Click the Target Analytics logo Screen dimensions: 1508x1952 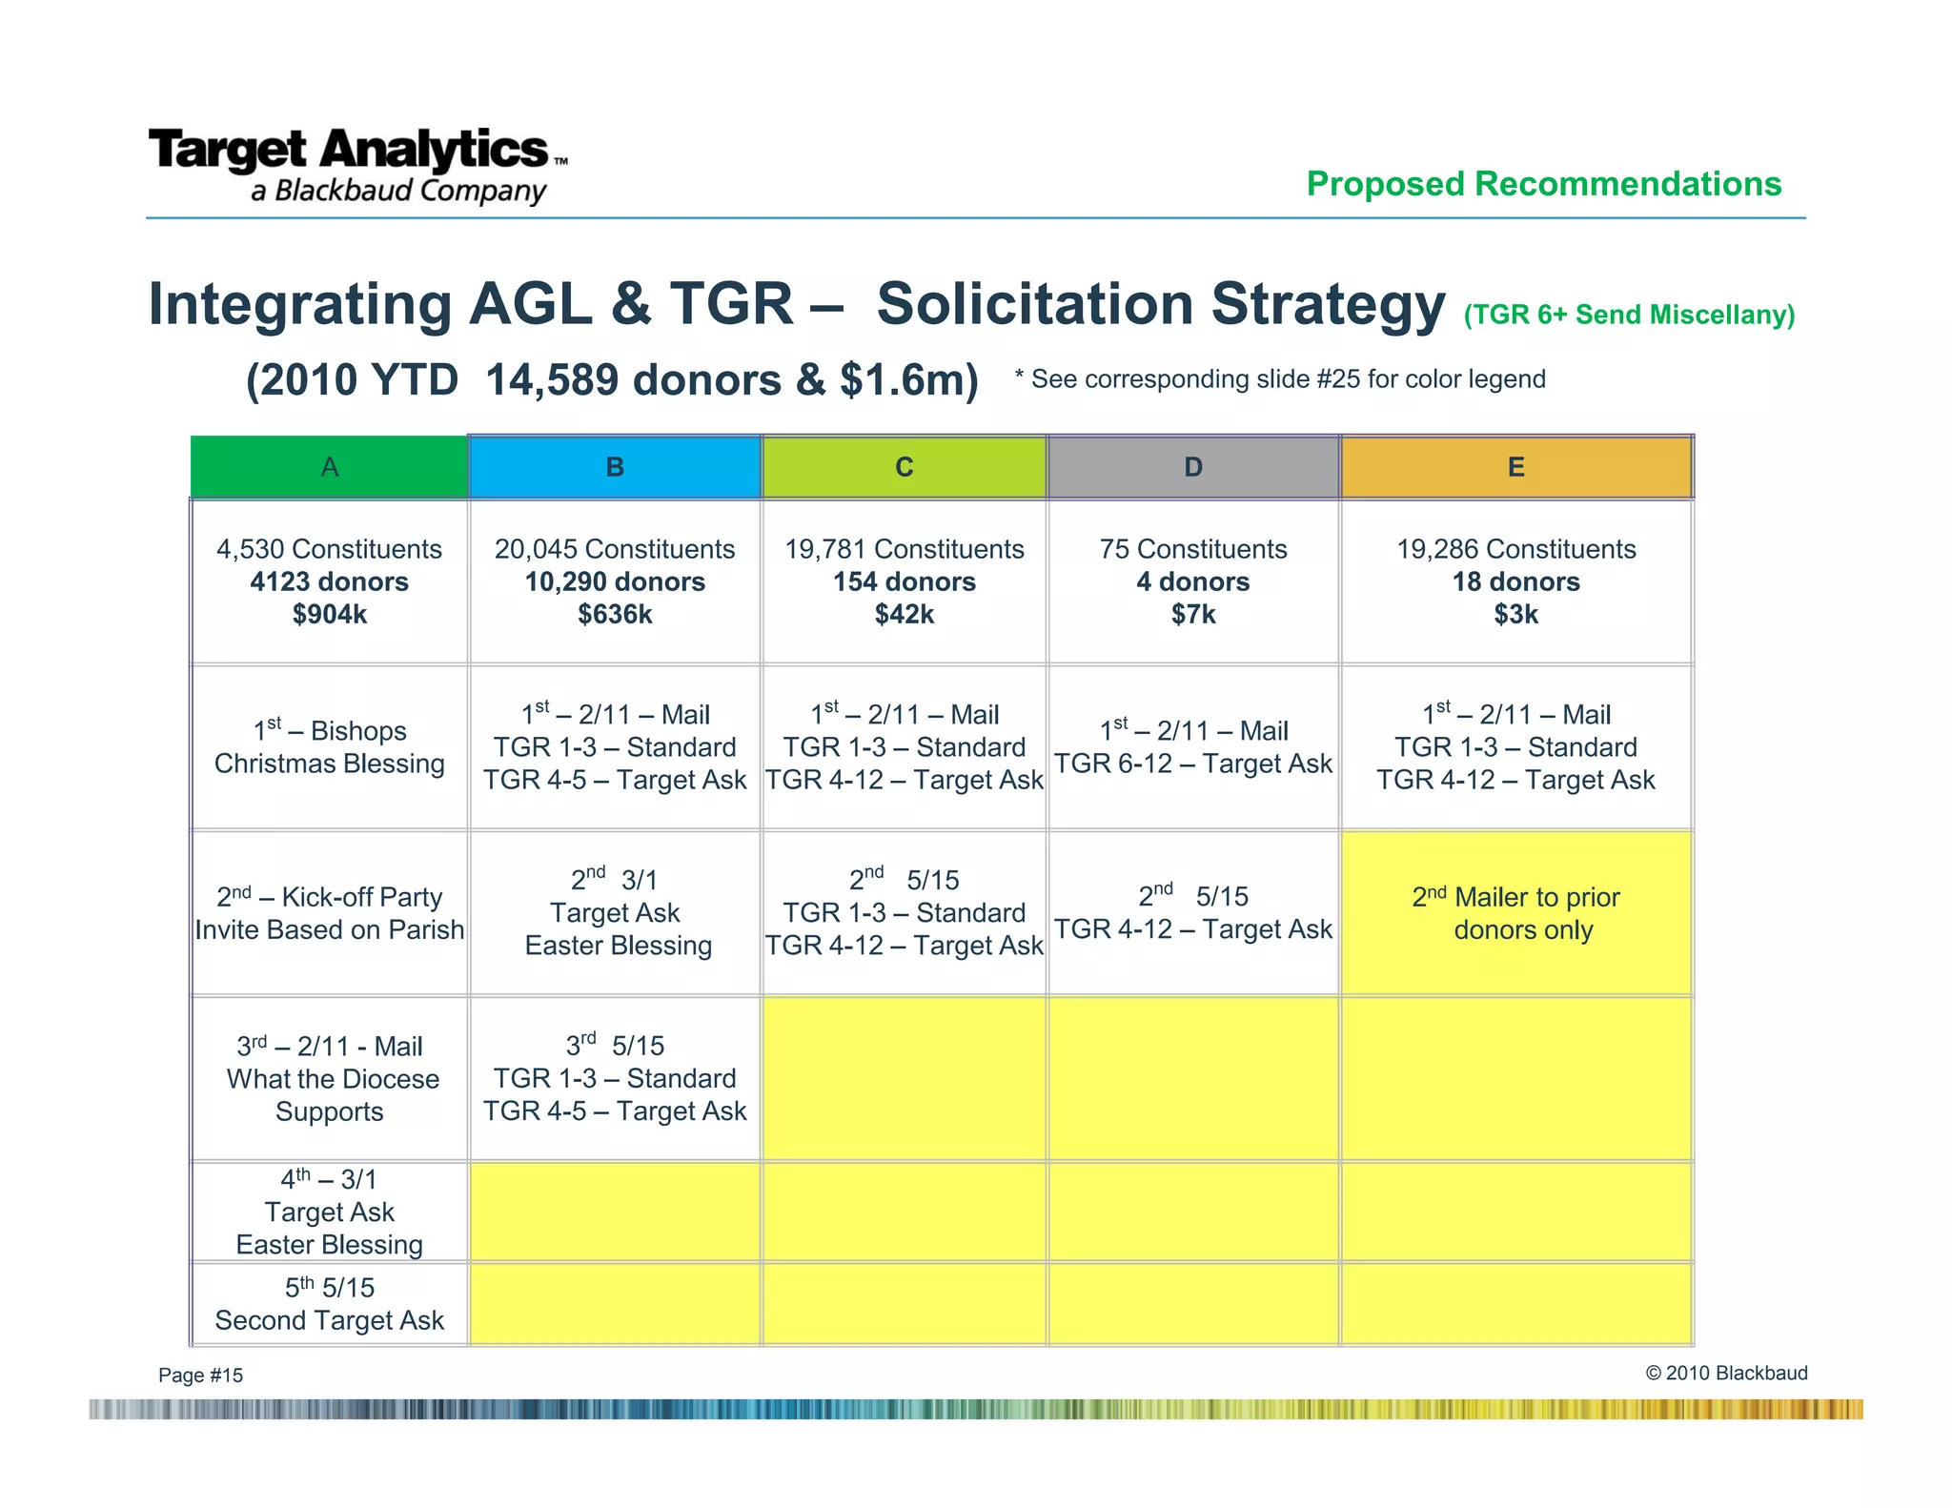(357, 164)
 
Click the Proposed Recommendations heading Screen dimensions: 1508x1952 (1543, 183)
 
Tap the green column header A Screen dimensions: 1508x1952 (330, 467)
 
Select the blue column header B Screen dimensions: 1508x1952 (615, 467)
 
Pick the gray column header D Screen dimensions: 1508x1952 (1193, 467)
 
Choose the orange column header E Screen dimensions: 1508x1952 (1516, 467)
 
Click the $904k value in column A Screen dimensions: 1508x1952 (330, 615)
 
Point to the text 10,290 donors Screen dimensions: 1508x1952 (615, 582)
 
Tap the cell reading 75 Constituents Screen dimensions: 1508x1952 (1193, 549)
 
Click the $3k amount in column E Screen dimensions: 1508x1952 (1516, 615)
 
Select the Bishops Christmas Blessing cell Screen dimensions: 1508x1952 (330, 747)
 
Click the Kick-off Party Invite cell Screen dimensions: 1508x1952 (330, 913)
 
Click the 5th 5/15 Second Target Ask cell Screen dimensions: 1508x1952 (330, 1304)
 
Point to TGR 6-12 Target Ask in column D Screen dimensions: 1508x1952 (1193, 764)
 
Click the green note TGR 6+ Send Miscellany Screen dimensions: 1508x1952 (1629, 315)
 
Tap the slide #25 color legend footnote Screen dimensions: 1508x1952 (1280, 379)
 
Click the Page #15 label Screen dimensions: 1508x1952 (201, 1375)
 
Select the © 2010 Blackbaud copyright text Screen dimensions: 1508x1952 (1726, 1373)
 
